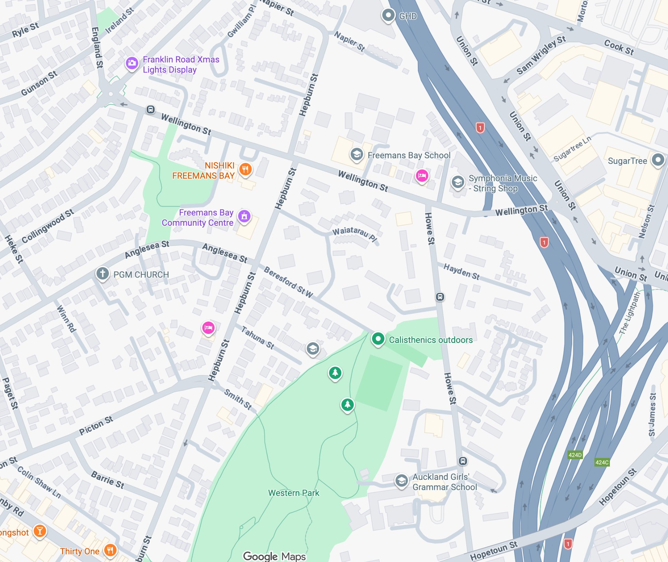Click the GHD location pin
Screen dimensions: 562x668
(x=388, y=15)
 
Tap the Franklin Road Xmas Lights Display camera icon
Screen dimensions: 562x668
(x=132, y=63)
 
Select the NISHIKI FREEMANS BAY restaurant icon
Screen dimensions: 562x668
(x=245, y=169)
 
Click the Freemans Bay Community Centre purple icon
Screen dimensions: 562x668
(x=244, y=216)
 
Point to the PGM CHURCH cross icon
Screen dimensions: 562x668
(x=103, y=273)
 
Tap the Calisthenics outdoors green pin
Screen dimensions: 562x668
(x=378, y=339)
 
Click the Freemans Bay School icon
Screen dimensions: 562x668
(x=356, y=154)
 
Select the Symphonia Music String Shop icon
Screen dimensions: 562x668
(x=458, y=182)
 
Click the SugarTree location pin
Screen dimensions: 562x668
(x=658, y=160)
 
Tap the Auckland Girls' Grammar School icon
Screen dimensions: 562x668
(x=401, y=481)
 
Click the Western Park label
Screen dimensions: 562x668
(x=294, y=493)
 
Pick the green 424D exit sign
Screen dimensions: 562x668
(x=575, y=455)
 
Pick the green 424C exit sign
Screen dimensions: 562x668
(x=602, y=462)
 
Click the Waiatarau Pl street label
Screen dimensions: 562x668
(x=355, y=234)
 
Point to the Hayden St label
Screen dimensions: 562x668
(x=462, y=271)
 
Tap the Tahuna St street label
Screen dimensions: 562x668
(x=258, y=338)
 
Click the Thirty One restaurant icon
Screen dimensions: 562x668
(x=110, y=550)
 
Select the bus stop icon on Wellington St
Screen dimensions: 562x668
(x=151, y=110)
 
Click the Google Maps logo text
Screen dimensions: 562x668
(x=274, y=556)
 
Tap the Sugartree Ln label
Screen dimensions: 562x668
(x=572, y=149)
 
